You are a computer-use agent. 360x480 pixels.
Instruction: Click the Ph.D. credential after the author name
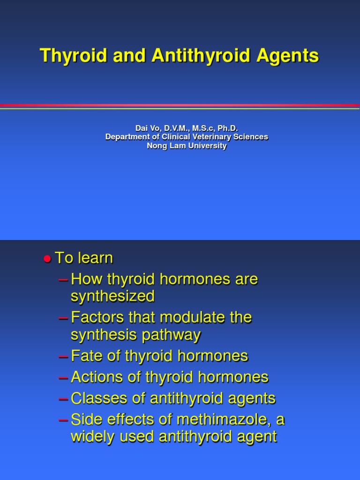point(228,128)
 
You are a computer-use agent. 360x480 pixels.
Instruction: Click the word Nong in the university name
point(157,146)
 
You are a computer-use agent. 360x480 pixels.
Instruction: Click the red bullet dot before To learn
point(47,259)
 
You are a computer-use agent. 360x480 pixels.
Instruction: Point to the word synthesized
point(112,296)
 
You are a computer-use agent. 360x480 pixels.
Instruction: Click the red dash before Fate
point(63,356)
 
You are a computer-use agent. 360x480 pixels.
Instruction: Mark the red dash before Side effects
point(63,420)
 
